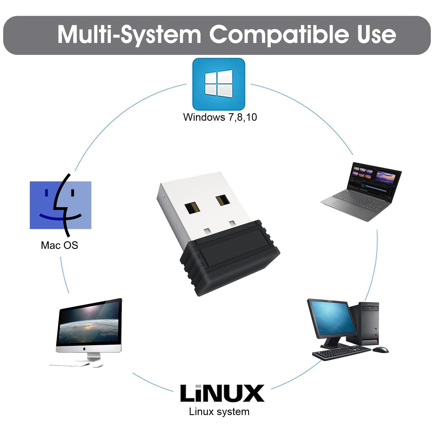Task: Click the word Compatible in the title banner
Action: tap(279, 34)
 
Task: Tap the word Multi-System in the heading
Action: tap(129, 34)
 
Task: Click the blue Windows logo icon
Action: tap(219, 84)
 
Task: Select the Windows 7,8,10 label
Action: tap(220, 117)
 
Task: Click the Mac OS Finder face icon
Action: tap(60, 205)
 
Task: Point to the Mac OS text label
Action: tap(59, 245)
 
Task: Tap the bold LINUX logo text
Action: tap(222, 393)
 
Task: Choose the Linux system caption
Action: tap(219, 412)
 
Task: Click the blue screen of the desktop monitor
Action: tap(333, 319)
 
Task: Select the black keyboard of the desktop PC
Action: tap(341, 353)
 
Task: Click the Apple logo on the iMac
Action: tap(84, 349)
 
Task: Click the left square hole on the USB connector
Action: tap(192, 208)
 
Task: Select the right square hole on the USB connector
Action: tap(222, 200)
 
